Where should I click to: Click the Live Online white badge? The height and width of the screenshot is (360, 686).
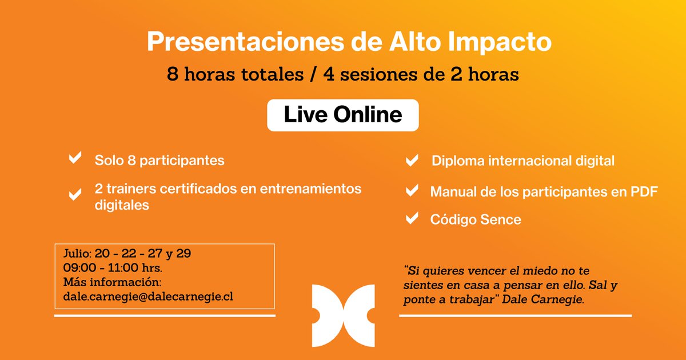(342, 115)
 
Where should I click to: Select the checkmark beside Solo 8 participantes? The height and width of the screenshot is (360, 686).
(75, 159)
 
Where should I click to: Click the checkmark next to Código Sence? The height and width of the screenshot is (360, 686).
(411, 219)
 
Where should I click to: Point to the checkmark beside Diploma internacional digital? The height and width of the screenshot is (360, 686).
(411, 161)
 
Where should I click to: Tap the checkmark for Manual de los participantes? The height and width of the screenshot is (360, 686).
(411, 191)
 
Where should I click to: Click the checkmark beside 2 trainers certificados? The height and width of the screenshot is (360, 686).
(75, 195)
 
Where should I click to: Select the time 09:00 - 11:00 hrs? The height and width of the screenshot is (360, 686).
(113, 267)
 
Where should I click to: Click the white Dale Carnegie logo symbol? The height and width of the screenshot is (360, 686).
(343, 315)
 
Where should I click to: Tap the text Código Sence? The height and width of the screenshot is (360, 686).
(476, 219)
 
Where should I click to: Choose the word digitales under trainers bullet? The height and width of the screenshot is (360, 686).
(122, 205)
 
